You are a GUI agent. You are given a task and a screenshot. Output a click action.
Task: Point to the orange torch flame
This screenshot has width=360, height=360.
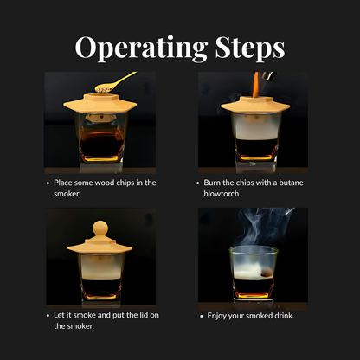click(x=256, y=85)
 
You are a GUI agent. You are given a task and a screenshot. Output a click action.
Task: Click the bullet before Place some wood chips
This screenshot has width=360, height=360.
click(x=48, y=183)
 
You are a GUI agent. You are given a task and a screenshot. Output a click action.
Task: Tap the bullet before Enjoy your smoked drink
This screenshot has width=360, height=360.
click(x=202, y=316)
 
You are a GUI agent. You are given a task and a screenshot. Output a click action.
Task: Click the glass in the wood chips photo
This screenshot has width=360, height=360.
click(x=100, y=143)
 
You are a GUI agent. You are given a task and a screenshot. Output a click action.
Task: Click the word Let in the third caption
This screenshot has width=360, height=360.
click(x=61, y=315)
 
